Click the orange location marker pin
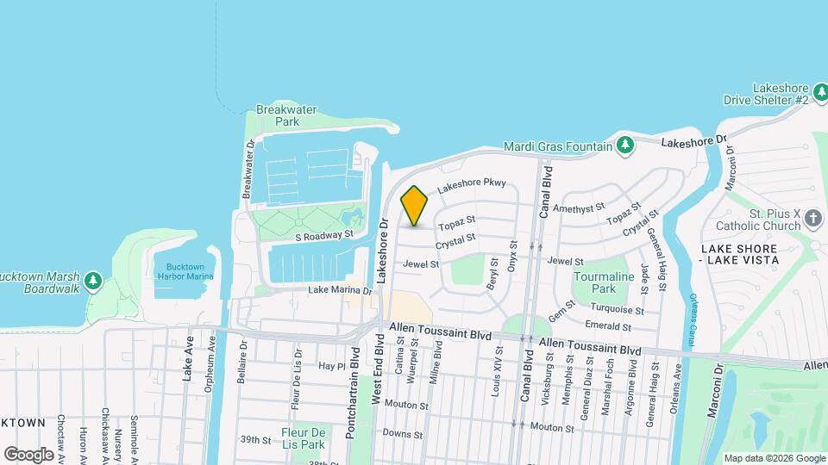point(415,206)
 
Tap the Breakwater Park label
point(277,115)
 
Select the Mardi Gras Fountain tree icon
point(626,146)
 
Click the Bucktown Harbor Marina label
point(185,271)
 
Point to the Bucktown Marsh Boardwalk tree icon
point(94,281)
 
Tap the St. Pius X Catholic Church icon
point(812,220)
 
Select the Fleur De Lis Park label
point(302,438)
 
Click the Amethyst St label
point(579,208)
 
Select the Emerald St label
point(608,326)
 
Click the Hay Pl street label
point(325,366)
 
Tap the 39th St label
point(255,440)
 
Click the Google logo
point(28,454)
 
